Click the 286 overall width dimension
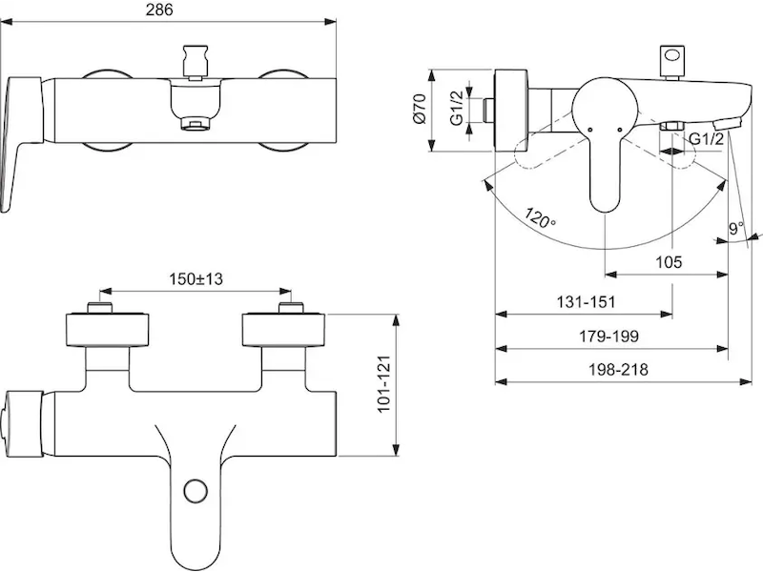[x=159, y=10]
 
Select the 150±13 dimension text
[x=196, y=279]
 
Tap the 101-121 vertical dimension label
[x=384, y=384]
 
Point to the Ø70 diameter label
[x=419, y=109]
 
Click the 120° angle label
[x=540, y=217]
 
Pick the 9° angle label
[x=736, y=228]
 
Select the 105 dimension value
[x=669, y=262]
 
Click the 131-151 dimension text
[x=586, y=302]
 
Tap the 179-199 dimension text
[x=608, y=337]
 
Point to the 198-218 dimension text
[x=618, y=370]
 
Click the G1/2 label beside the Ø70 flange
[x=457, y=108]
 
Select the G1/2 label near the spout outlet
[x=707, y=139]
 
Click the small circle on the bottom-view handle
[x=196, y=491]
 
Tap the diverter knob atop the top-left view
[x=196, y=60]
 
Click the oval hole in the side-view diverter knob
[x=672, y=55]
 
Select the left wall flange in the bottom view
[x=107, y=330]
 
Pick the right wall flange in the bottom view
[x=283, y=330]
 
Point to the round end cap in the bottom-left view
[x=23, y=423]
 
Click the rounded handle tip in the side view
[x=605, y=204]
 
